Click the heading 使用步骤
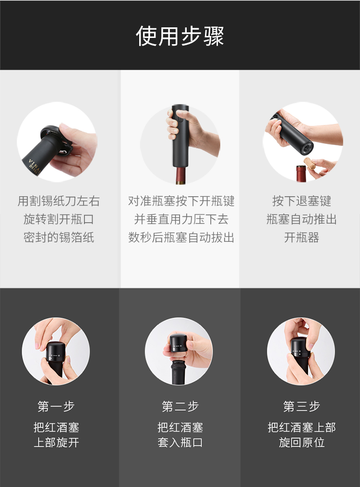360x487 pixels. [180, 36]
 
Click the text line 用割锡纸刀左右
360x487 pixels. [59, 201]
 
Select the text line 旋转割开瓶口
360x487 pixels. [59, 219]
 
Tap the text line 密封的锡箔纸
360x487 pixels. [59, 238]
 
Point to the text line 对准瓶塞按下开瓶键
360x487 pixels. [181, 201]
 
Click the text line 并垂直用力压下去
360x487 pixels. [181, 219]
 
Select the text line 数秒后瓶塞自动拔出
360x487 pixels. [181, 238]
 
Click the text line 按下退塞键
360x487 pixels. [301, 201]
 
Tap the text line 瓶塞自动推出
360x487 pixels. [301, 219]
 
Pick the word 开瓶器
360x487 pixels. [301, 238]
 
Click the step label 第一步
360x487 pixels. [56, 406]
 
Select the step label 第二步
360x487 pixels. [180, 406]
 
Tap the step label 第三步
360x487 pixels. [301, 406]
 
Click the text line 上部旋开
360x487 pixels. [56, 442]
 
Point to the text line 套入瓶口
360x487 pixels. [180, 442]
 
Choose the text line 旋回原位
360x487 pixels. [301, 442]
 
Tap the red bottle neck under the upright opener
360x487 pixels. [181, 176]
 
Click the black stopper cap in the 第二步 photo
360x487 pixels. [179, 344]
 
